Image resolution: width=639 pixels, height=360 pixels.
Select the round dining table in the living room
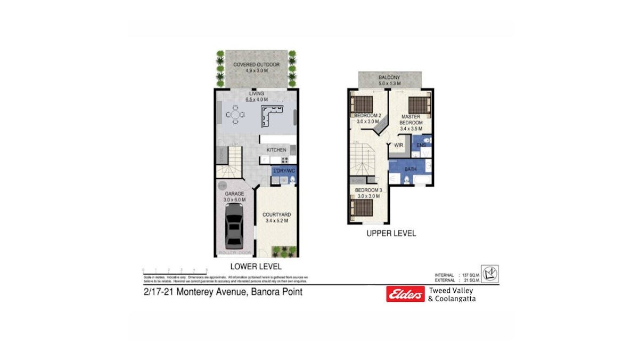tap(235, 114)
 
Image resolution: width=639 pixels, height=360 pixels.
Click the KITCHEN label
tap(276, 150)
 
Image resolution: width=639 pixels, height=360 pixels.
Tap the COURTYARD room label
tap(276, 214)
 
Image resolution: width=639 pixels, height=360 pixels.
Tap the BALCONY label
tap(389, 77)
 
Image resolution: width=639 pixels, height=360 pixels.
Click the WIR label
tap(398, 145)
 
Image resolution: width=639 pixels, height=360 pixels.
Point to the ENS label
tap(421, 145)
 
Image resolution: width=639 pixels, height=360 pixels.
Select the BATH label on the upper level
tap(410, 169)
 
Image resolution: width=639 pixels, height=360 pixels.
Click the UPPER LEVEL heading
tap(391, 233)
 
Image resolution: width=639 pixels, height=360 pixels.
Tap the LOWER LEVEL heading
tap(256, 266)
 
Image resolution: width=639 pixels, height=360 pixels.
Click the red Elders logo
tap(405, 294)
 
